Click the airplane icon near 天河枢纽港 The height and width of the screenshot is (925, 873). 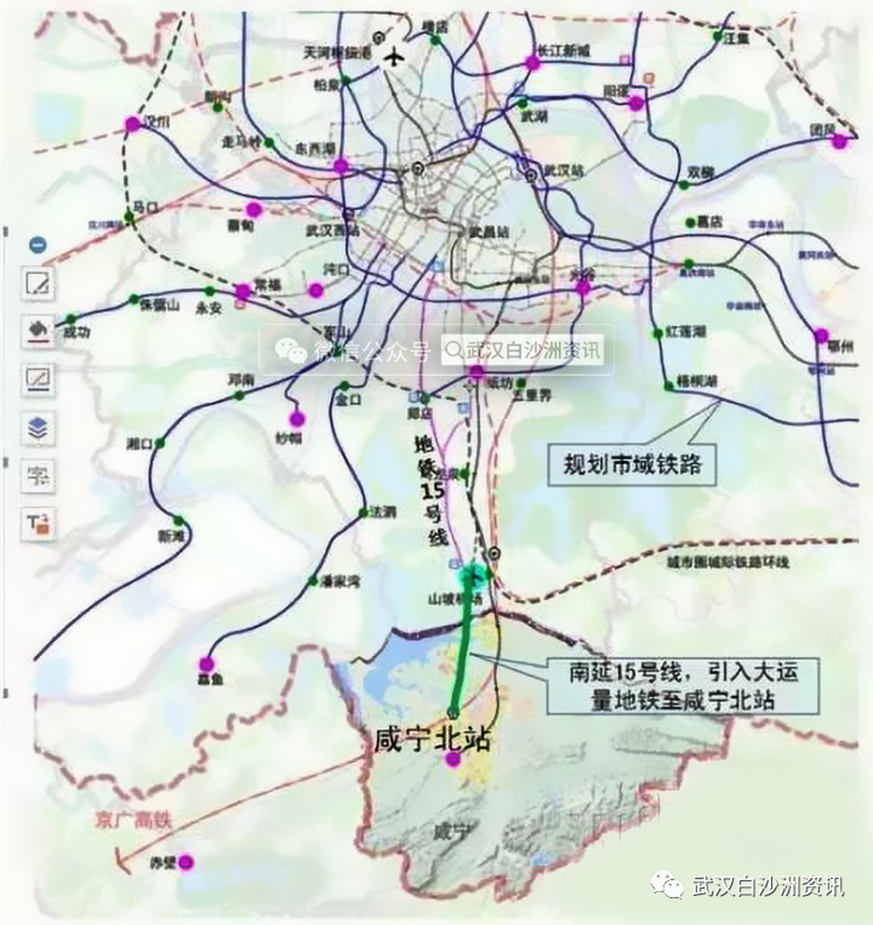coord(394,56)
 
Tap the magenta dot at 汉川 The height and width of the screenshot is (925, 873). coord(132,124)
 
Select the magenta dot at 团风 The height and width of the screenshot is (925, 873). coord(839,142)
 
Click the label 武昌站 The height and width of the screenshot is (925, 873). coord(489,232)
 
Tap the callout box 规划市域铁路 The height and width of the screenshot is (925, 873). coord(632,463)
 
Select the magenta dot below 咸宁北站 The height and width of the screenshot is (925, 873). coord(453,760)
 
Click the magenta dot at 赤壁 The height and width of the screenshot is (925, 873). coord(186,861)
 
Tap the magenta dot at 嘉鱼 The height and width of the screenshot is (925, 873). coord(207,663)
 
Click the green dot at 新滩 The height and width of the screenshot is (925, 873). coord(179,520)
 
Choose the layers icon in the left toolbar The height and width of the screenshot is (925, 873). coord(38,428)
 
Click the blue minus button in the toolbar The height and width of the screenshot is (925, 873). coord(38,244)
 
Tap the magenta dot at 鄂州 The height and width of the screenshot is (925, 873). coord(821,335)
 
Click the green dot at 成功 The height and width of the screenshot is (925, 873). coord(71,319)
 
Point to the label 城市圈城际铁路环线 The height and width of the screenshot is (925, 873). coord(728,562)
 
